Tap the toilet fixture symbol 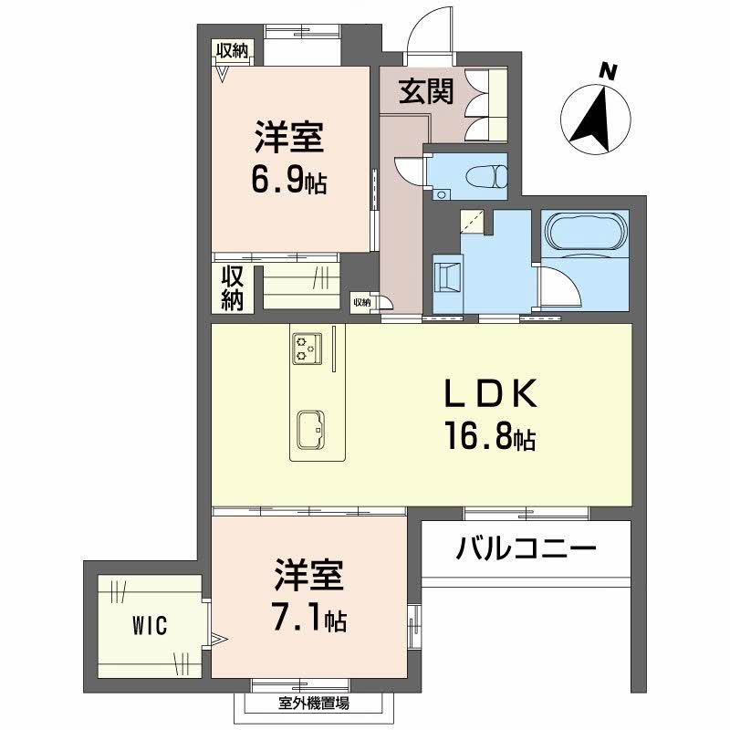[487, 176]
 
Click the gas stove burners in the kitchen [308, 349]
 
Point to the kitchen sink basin [311, 430]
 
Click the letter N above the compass [608, 72]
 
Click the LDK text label [491, 393]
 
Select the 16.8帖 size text [491, 436]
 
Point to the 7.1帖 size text [310, 618]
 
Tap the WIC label [150, 625]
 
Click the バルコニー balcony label [527, 548]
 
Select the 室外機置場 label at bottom [314, 703]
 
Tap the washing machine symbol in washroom [447, 277]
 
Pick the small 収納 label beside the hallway [361, 303]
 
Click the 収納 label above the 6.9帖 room [232, 51]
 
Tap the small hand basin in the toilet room [439, 193]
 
